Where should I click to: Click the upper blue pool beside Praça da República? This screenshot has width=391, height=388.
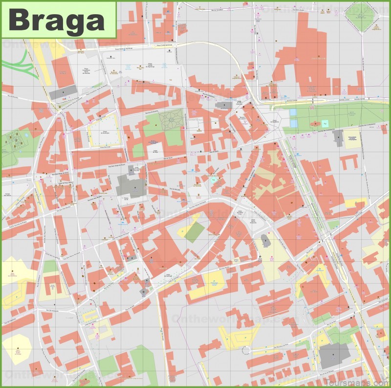pos(293,112)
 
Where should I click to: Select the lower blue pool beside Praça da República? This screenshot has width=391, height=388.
pos(293,123)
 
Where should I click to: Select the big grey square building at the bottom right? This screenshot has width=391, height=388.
pos(335,355)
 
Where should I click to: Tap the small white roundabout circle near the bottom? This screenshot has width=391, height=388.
pos(246,349)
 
